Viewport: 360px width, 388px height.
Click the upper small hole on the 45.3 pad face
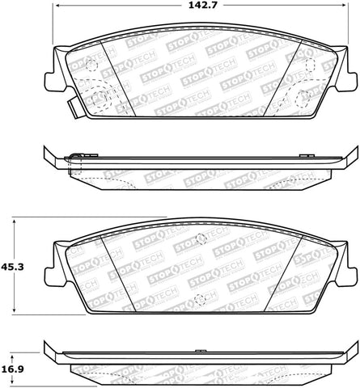tap(199, 238)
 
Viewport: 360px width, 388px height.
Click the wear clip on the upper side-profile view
tap(76, 157)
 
